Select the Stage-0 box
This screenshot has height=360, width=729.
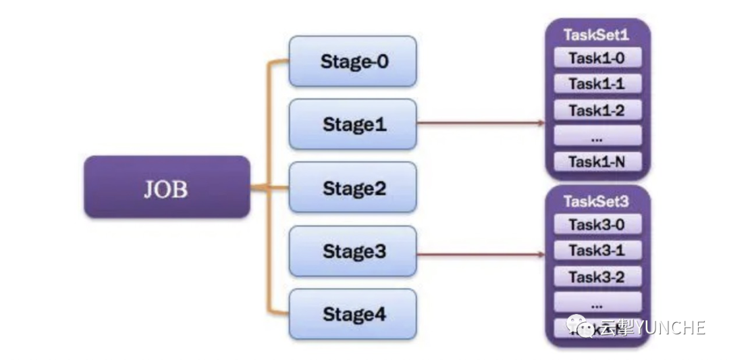[x=352, y=61]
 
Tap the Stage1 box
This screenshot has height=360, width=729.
[x=352, y=124]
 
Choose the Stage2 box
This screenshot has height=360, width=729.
[x=352, y=187]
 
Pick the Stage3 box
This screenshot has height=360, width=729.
[x=352, y=251]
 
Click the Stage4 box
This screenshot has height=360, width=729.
[x=352, y=314]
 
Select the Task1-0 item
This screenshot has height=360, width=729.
[x=597, y=58]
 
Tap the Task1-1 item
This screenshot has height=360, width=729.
[x=597, y=84]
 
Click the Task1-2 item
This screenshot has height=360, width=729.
[x=597, y=109]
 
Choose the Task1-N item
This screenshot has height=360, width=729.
[x=597, y=161]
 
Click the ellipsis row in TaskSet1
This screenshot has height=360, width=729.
[x=597, y=135]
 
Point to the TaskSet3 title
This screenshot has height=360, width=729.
[x=596, y=201]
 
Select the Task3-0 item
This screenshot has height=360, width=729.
[x=597, y=224]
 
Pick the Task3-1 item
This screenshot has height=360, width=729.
[x=597, y=250]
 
